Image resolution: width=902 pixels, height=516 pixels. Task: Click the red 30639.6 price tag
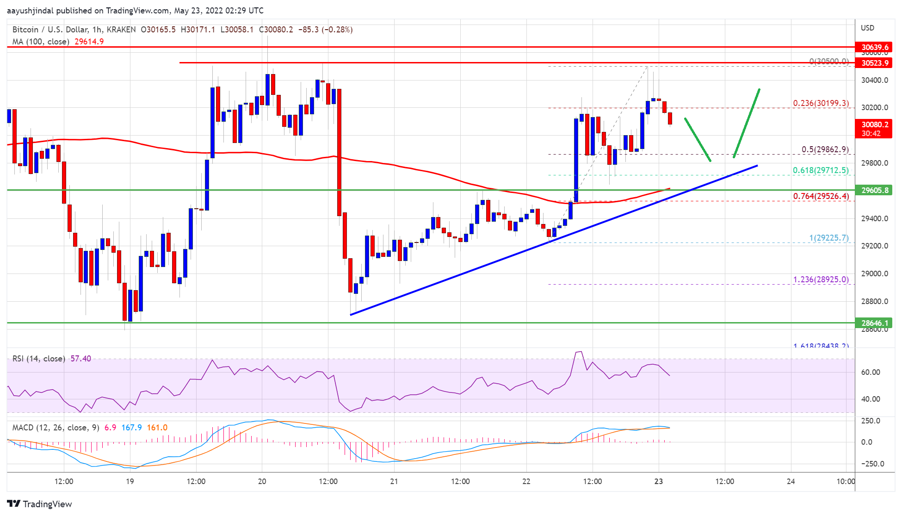874,47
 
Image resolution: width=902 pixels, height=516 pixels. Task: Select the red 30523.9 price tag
874,63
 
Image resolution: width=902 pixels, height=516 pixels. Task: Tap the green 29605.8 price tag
874,190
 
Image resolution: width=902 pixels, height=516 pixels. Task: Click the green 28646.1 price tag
874,323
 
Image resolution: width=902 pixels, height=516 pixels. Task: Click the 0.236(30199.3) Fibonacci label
821,103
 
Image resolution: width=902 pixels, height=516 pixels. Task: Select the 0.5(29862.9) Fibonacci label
825,149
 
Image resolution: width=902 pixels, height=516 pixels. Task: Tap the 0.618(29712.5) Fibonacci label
821,170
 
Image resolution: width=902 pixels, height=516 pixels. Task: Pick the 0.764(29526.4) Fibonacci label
821,196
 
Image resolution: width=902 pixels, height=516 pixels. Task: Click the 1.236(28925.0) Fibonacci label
821,280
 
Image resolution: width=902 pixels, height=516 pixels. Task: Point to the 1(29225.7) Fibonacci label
828,238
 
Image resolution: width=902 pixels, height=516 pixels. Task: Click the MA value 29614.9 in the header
89,42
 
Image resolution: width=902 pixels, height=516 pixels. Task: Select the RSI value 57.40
80,359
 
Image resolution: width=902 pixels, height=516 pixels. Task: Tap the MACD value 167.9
131,428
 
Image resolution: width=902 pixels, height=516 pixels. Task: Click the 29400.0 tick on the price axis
874,218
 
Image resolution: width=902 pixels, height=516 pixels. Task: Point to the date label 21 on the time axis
394,481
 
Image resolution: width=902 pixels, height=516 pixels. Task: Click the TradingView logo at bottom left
40,504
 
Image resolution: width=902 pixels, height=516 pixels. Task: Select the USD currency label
867,28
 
